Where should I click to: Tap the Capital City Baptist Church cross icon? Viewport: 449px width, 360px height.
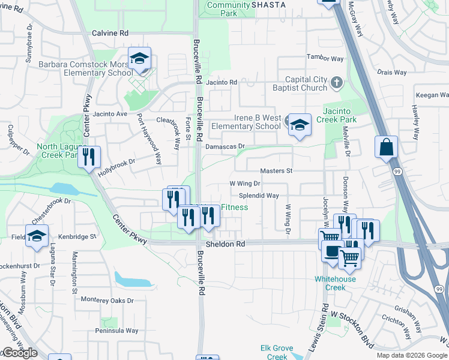coord(337,82)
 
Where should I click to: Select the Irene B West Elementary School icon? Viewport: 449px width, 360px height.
coord(300,125)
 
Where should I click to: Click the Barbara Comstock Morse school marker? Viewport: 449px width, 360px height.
coord(139,59)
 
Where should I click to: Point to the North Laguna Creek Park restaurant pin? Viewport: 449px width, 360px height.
coord(89,157)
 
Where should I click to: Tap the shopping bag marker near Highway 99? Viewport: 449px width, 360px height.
coord(386,147)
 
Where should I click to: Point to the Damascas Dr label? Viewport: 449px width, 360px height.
coord(226,146)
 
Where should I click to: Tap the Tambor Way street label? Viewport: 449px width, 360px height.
coord(325,59)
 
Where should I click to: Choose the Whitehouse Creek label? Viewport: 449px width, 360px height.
coord(335,283)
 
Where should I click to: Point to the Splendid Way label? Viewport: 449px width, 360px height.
coord(259,196)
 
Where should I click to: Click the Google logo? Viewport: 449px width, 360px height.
coord(20,353)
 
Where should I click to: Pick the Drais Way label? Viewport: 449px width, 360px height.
coord(393,72)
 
